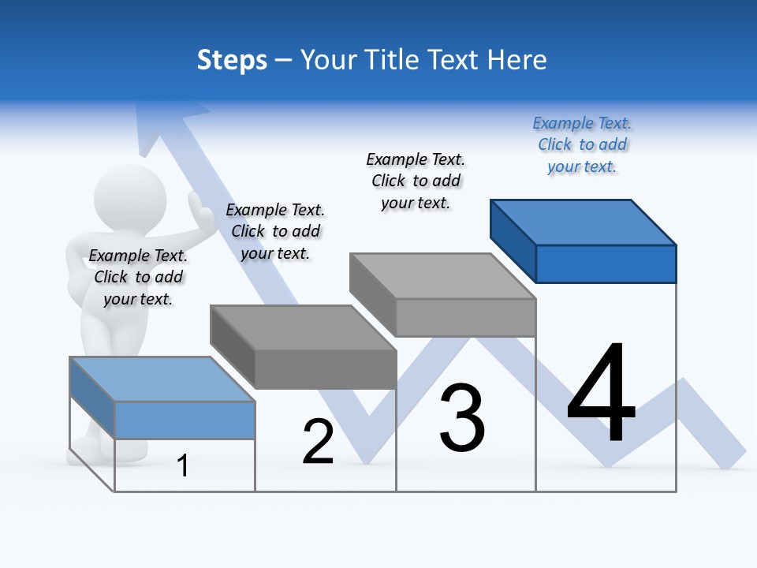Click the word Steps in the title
[x=232, y=60]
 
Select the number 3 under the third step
[x=461, y=418]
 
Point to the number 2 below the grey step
[x=318, y=443]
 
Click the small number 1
[x=182, y=466]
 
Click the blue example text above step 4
[x=582, y=144]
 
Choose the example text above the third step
[x=416, y=181]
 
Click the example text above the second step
[x=275, y=231]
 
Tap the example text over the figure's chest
[x=138, y=277]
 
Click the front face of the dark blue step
[x=606, y=263]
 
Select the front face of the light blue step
[x=185, y=420]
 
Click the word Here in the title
[x=517, y=60]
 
